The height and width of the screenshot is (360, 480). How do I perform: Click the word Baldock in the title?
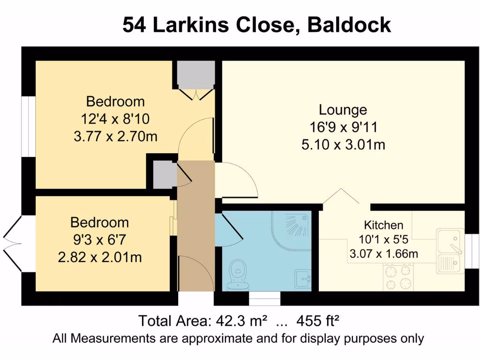point(349,24)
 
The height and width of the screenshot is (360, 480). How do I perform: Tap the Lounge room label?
point(343,110)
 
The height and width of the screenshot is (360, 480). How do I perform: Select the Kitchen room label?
point(383,225)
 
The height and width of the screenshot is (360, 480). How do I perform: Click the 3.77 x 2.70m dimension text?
point(115,137)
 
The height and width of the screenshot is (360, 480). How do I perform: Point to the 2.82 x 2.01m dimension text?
point(100,257)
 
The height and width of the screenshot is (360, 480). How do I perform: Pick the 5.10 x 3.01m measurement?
point(343,145)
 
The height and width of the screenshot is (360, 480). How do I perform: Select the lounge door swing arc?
point(237,180)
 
